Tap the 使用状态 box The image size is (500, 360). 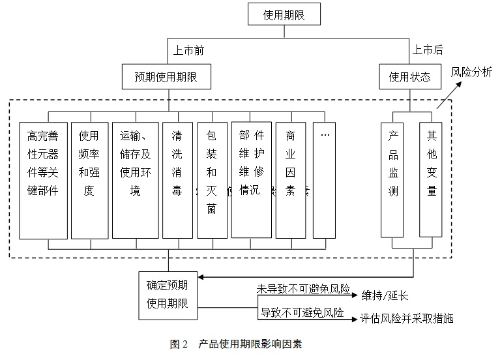(x=409, y=77)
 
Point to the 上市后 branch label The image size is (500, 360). (x=428, y=50)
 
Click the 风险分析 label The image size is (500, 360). (x=471, y=72)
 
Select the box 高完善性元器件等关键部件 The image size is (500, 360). (x=43, y=180)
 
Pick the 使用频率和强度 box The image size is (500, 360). (x=89, y=180)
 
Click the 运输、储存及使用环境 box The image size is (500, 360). (x=136, y=180)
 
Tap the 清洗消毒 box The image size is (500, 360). (x=177, y=180)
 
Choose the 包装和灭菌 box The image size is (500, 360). (x=212, y=180)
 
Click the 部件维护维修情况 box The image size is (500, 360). (x=250, y=180)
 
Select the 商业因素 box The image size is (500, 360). (x=290, y=180)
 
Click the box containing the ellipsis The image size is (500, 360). (x=324, y=180)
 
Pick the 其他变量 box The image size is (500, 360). (x=431, y=179)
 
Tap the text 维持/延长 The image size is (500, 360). (x=385, y=295)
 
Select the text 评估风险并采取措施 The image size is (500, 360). (x=406, y=319)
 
